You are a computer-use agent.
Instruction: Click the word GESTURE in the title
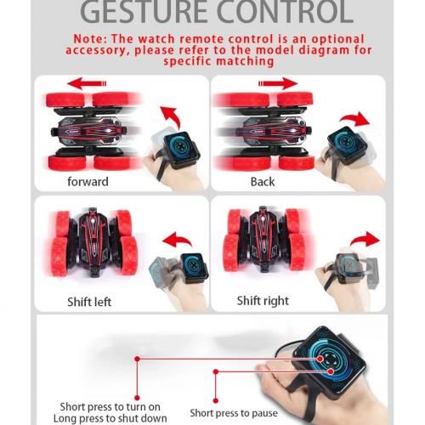(144, 11)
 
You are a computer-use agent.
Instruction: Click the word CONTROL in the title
(285, 11)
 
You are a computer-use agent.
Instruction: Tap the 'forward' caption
(88, 182)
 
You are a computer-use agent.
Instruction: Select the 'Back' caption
(263, 182)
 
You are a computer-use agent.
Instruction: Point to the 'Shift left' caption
(89, 302)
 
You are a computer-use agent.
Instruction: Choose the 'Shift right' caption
(263, 301)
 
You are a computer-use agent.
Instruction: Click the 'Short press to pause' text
(234, 413)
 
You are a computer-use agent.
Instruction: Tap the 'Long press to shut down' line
(110, 418)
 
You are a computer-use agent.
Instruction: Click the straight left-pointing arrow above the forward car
(87, 83)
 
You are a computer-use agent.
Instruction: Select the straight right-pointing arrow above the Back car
(278, 83)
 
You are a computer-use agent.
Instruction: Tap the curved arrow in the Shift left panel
(177, 239)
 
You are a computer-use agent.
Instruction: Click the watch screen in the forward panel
(181, 147)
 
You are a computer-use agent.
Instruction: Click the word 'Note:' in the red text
(90, 39)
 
